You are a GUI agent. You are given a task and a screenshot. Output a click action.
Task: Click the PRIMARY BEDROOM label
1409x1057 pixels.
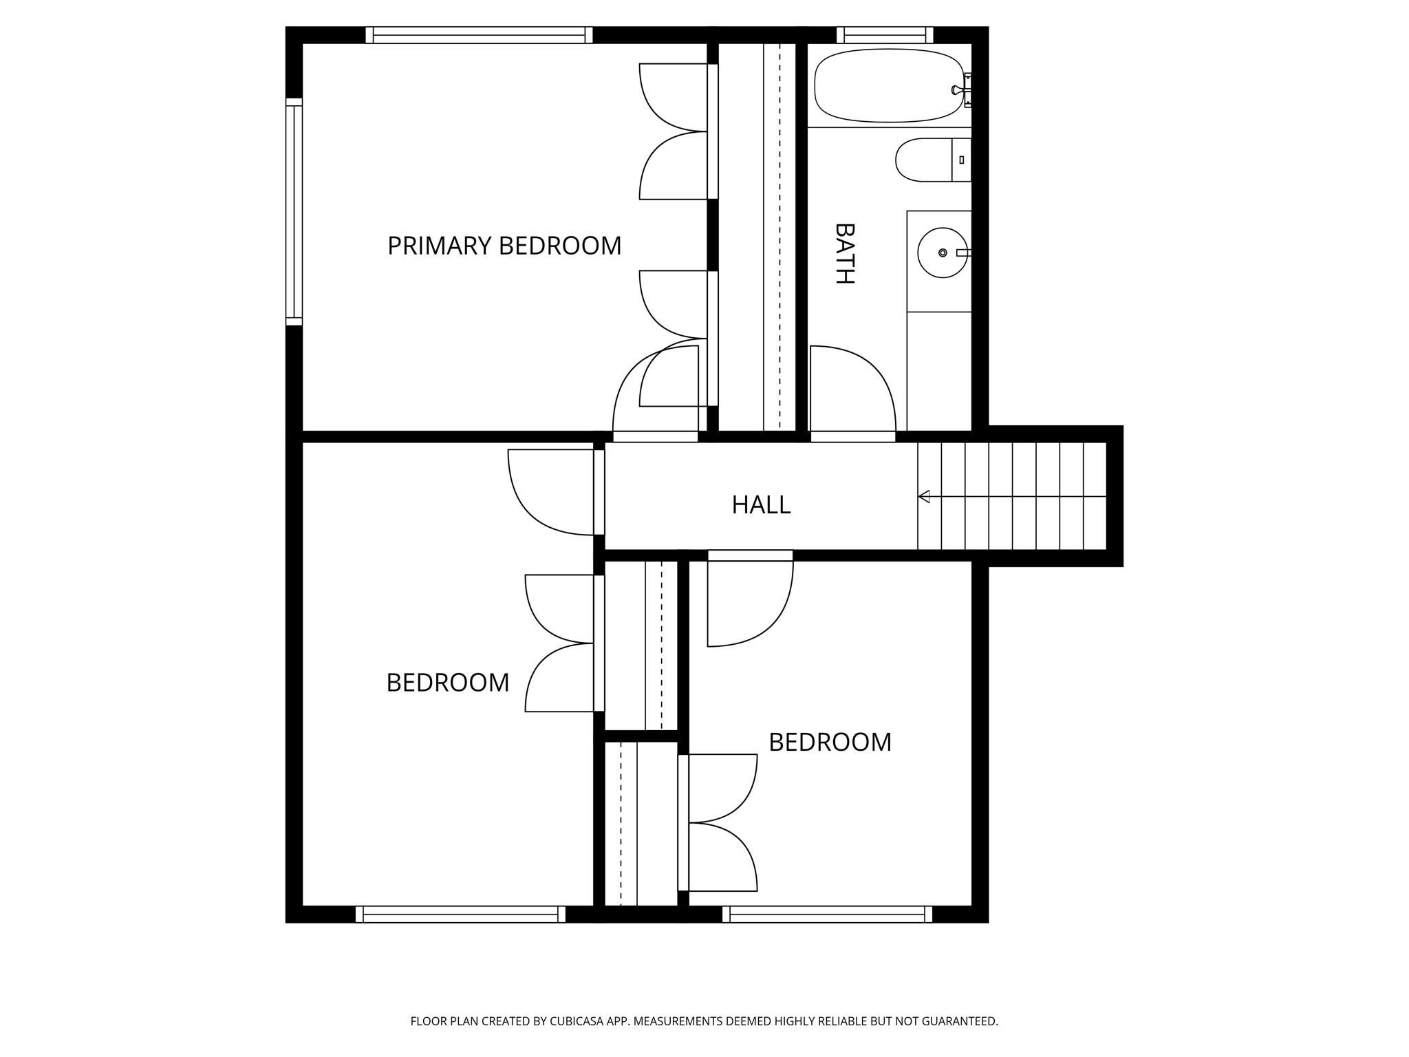coord(504,246)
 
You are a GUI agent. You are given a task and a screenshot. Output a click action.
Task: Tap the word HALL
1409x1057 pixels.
coord(761,505)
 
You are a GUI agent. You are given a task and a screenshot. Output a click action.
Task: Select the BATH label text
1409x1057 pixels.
coord(844,253)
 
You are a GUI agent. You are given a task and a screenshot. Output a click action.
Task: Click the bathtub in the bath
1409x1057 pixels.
coord(888,86)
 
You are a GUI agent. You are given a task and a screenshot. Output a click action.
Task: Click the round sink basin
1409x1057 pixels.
coord(942,253)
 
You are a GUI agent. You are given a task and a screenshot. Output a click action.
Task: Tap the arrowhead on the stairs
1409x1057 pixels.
coord(924,496)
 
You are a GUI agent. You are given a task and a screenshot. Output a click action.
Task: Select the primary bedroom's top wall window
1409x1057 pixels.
coord(479,35)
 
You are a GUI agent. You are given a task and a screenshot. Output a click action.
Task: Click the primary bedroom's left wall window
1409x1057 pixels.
coord(294,211)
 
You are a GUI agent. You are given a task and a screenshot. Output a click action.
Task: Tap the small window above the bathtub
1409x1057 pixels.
coord(885,35)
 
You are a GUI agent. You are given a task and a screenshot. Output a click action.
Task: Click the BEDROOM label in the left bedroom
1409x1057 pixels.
coord(447,683)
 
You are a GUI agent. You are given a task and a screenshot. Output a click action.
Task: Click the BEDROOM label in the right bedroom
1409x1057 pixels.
coord(830,743)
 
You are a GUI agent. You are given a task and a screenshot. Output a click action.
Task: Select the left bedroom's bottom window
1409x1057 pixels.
coord(460,914)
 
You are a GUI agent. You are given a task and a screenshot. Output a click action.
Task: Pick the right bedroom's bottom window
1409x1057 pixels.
coord(827,914)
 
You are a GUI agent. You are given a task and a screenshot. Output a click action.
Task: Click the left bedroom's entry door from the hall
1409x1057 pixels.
coord(550,492)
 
